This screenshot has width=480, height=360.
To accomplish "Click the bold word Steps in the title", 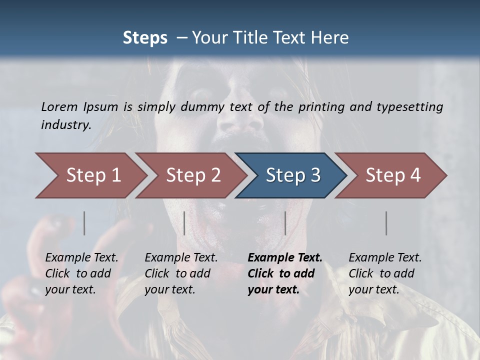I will click(145, 38).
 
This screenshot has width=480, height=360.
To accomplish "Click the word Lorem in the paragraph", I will click(59, 106).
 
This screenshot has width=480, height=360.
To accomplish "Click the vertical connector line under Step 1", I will click(84, 223).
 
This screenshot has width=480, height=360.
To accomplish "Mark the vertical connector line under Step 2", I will click(184, 223).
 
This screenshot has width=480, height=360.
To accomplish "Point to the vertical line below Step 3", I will click(285, 223).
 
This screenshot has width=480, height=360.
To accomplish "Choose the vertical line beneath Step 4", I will click(386, 223).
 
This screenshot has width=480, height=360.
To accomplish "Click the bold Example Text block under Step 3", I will click(285, 273).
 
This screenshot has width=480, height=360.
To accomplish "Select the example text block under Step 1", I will click(81, 273).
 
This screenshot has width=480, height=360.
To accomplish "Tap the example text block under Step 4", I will click(385, 273).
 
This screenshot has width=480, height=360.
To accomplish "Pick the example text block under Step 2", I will click(181, 273).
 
